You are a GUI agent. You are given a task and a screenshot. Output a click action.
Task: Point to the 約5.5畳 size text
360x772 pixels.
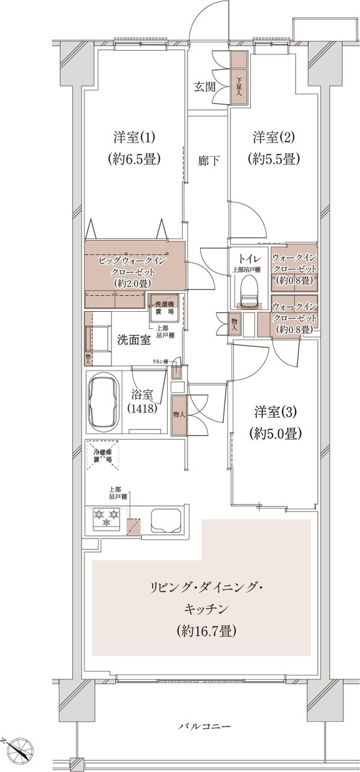pyautogui.click(x=273, y=160)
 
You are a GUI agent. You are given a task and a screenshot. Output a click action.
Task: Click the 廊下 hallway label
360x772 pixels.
pyautogui.click(x=209, y=160)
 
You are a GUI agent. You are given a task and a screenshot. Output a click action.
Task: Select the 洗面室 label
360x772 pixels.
pyautogui.click(x=134, y=340)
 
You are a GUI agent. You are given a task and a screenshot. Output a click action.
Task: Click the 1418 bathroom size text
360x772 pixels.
pyautogui.click(x=143, y=408)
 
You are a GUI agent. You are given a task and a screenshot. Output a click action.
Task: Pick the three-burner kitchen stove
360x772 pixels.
pyautogui.click(x=106, y=517)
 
